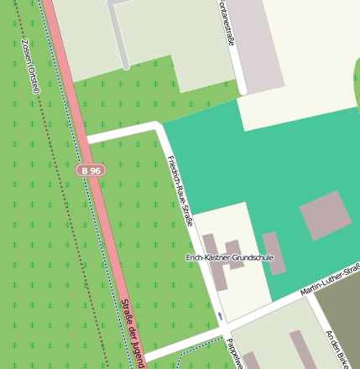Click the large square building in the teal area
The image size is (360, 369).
(326, 215)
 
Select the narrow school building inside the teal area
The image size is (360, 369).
(274, 265)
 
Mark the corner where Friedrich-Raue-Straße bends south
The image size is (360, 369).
(159, 127)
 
